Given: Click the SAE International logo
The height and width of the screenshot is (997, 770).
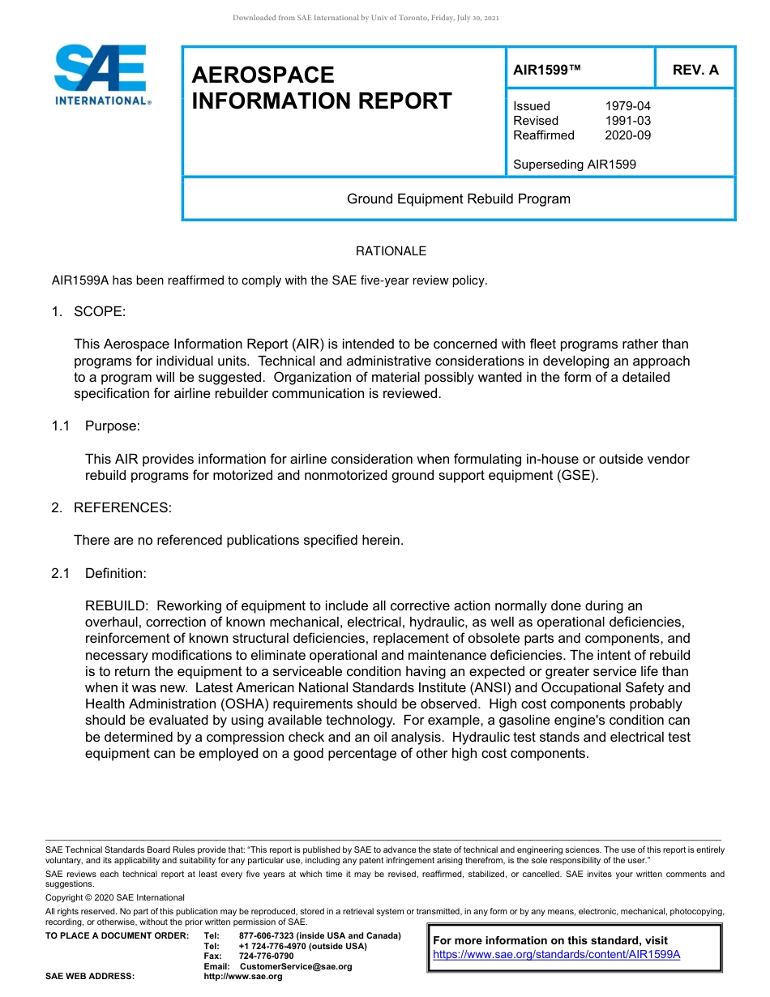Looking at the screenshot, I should point(101,75).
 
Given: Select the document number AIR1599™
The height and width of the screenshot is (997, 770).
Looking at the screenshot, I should point(547,70).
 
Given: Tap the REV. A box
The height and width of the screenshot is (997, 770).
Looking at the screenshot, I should point(695,70).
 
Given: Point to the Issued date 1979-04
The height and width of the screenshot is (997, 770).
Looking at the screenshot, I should point(627,106).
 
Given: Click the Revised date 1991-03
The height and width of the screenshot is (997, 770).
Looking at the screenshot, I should point(627,121).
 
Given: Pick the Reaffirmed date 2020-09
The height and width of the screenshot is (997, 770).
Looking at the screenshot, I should point(627,135).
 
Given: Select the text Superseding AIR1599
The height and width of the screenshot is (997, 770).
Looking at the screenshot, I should point(575,165).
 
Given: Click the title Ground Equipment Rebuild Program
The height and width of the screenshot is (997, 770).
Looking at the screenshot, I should point(459,199).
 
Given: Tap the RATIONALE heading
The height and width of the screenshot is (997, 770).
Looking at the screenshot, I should point(391,251).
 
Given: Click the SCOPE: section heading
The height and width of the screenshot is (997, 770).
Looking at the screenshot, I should point(99,312).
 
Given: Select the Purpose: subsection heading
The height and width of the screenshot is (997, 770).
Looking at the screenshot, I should point(113,426).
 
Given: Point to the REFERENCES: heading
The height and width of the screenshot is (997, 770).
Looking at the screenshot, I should point(122,508).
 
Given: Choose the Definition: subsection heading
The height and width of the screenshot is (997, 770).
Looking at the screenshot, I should point(115,574).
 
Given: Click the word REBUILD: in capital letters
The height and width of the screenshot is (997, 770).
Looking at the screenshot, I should point(117,606).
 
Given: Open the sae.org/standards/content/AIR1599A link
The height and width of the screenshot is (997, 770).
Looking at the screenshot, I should point(557,955).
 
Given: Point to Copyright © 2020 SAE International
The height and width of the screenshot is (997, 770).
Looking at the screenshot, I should point(115,897).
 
